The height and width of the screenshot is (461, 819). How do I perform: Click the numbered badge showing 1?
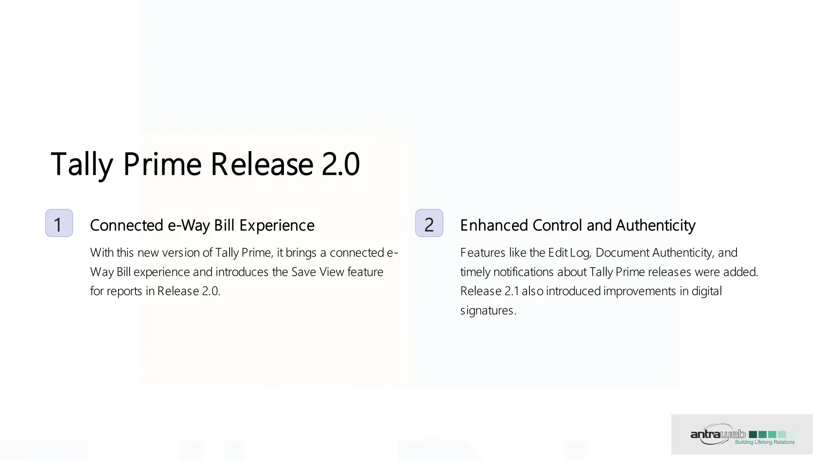pyautogui.click(x=59, y=223)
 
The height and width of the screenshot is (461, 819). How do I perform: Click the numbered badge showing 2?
pyautogui.click(x=429, y=223)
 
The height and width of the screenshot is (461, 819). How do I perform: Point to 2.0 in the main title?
pyautogui.click(x=341, y=164)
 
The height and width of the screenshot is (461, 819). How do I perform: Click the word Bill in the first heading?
pyautogui.click(x=224, y=225)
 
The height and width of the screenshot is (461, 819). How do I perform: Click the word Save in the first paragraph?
pyautogui.click(x=304, y=272)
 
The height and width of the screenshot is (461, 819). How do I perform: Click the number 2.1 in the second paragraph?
pyautogui.click(x=511, y=291)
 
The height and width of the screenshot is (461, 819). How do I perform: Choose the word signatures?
pyautogui.click(x=488, y=311)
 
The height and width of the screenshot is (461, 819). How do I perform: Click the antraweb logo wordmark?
pyautogui.click(x=718, y=434)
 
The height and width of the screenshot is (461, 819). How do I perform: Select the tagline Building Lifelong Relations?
pyautogui.click(x=765, y=442)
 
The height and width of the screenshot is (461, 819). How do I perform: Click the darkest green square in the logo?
pyautogui.click(x=753, y=434)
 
